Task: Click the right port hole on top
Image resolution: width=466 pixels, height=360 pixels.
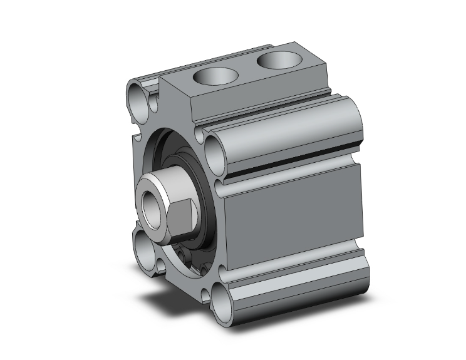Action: click(276, 61)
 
